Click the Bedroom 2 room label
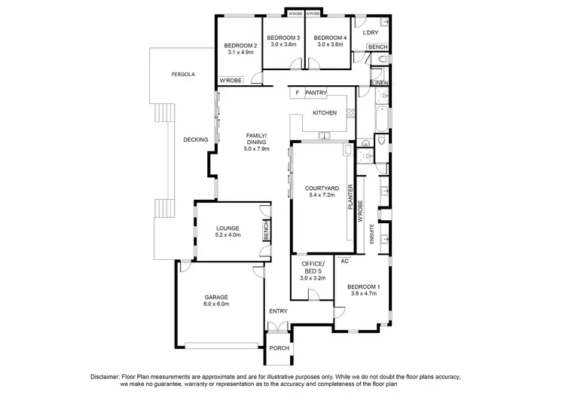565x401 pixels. tap(240, 45)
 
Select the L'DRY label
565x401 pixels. tap(370, 33)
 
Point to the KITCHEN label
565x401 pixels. tap(325, 114)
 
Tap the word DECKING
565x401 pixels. tap(195, 139)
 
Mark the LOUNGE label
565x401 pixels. tap(228, 228)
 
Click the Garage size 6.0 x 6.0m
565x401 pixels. tap(215, 304)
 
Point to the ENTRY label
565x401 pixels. tap(278, 311)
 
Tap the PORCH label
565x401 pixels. tap(279, 347)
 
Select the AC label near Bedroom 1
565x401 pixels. tap(344, 261)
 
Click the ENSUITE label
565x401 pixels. tap(371, 234)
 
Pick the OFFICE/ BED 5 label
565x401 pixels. tap(312, 267)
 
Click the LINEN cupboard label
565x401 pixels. tap(379, 82)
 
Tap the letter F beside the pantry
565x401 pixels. tap(298, 93)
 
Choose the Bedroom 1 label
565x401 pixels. tap(363, 287)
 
